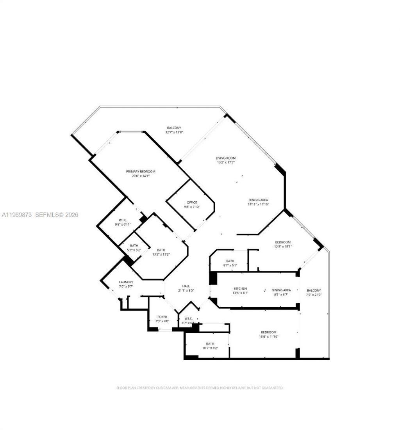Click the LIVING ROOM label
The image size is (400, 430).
pyautogui.click(x=225, y=158)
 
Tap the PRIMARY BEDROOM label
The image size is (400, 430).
pyautogui.click(x=141, y=171)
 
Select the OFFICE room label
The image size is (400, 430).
pyautogui.click(x=192, y=202)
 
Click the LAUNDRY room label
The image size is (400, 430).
pyautogui.click(x=126, y=282)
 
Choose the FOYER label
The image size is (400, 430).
pyautogui.click(x=162, y=316)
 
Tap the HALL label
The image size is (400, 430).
pyautogui.click(x=186, y=286)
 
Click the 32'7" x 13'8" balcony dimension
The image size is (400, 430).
pyautogui.click(x=174, y=132)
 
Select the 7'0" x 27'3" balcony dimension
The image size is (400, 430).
pyautogui.click(x=314, y=295)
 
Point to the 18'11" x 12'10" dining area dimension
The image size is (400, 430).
pyautogui.click(x=258, y=204)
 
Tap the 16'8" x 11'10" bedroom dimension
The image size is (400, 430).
pyautogui.click(x=268, y=336)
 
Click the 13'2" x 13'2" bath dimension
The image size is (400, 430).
pyautogui.click(x=161, y=255)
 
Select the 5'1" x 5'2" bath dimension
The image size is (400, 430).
pyautogui.click(x=134, y=250)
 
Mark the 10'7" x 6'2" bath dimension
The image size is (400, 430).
pyautogui.click(x=210, y=348)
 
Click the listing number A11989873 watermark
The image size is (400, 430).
pyautogui.click(x=17, y=215)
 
